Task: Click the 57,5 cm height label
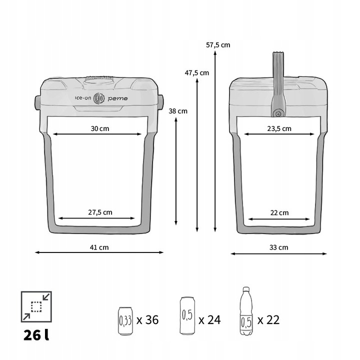click(218, 44)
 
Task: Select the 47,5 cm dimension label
click(197, 72)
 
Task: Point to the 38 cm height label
click(178, 111)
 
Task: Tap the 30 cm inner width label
click(100, 128)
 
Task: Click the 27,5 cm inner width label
click(100, 212)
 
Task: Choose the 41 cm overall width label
click(99, 247)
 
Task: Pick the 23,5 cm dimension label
click(279, 128)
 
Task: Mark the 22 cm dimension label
click(279, 212)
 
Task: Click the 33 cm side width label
click(279, 247)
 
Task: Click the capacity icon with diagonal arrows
click(35, 306)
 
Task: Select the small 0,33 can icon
click(125, 320)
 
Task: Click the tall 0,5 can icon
click(187, 316)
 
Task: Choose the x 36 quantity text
click(147, 319)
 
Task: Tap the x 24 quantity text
click(209, 319)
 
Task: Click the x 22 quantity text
click(268, 319)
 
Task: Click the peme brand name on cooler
click(118, 98)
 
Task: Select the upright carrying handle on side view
click(278, 75)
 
